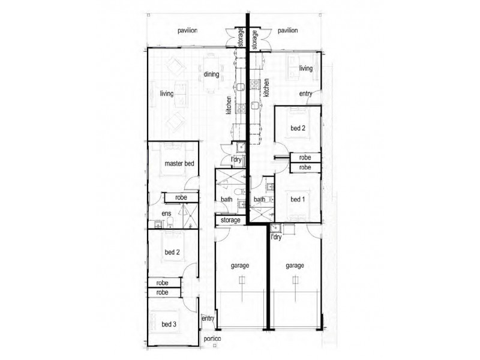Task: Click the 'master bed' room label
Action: click(179, 163)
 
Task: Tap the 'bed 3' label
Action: click(169, 324)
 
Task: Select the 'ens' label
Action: click(166, 214)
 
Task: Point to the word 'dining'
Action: click(211, 74)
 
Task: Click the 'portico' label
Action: click(212, 338)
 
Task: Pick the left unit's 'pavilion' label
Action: click(188, 31)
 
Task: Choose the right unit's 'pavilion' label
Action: click(288, 31)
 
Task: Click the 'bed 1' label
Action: click(298, 199)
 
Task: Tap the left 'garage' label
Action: click(239, 266)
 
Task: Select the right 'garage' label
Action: click(295, 266)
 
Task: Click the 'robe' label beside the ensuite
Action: click(181, 197)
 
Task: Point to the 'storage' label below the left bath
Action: click(230, 220)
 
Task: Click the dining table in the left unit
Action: click(211, 73)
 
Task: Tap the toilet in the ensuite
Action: click(170, 223)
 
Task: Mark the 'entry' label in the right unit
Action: click(305, 94)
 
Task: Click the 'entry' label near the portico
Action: click(208, 319)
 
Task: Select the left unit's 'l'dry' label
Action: click(236, 160)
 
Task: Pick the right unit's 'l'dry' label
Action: click(276, 236)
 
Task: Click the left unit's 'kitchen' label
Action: click(229, 106)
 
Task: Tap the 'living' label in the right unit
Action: click(306, 68)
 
